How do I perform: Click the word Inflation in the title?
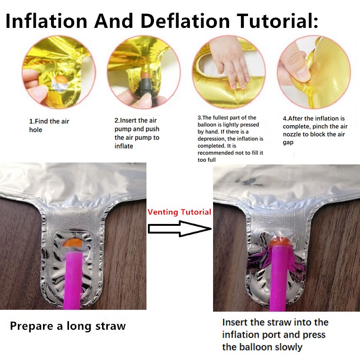pyautogui.click(x=46, y=21)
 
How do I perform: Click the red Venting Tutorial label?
pyautogui.click(x=180, y=212)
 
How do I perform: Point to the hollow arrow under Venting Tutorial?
pyautogui.click(x=180, y=229)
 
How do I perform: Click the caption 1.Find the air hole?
pyautogui.click(x=49, y=125)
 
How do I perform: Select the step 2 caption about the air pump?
pyautogui.click(x=137, y=133)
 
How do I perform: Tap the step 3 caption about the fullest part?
pyautogui.click(x=230, y=138)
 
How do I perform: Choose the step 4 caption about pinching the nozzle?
pyautogui.click(x=315, y=130)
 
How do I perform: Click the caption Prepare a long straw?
pyautogui.click(x=68, y=326)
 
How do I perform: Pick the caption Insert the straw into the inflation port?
pyautogui.click(x=275, y=334)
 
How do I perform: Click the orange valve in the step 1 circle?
pyautogui.click(x=61, y=79)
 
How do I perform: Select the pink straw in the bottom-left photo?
pyautogui.click(x=74, y=281)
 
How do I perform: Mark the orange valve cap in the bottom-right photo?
pyautogui.click(x=278, y=242)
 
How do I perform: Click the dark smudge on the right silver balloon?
pyautogui.click(x=246, y=181)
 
